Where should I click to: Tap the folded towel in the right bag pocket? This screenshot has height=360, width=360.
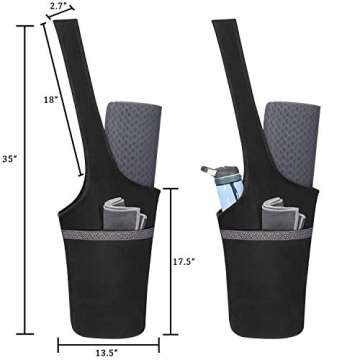click(x=283, y=215)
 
